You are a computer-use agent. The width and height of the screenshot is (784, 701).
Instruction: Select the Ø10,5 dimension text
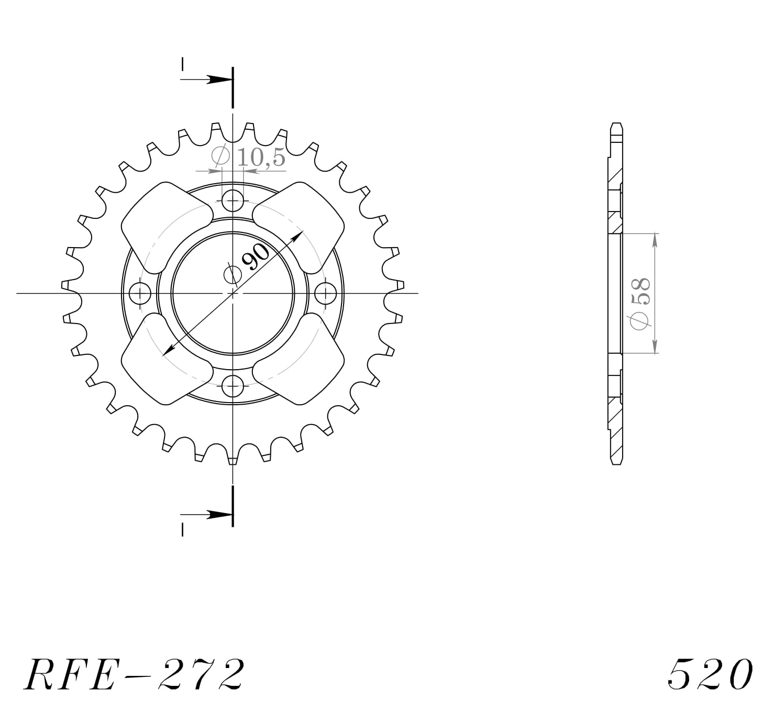248,157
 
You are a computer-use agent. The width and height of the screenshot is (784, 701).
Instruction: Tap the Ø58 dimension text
640,304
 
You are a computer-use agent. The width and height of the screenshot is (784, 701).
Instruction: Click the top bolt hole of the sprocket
233,199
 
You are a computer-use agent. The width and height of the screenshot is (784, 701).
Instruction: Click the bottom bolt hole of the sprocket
233,387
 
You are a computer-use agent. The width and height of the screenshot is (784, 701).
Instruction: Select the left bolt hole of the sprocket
139,293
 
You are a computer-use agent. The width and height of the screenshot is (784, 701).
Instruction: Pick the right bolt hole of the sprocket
326,293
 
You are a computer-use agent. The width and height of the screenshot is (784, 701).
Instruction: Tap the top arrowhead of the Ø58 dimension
654,239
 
